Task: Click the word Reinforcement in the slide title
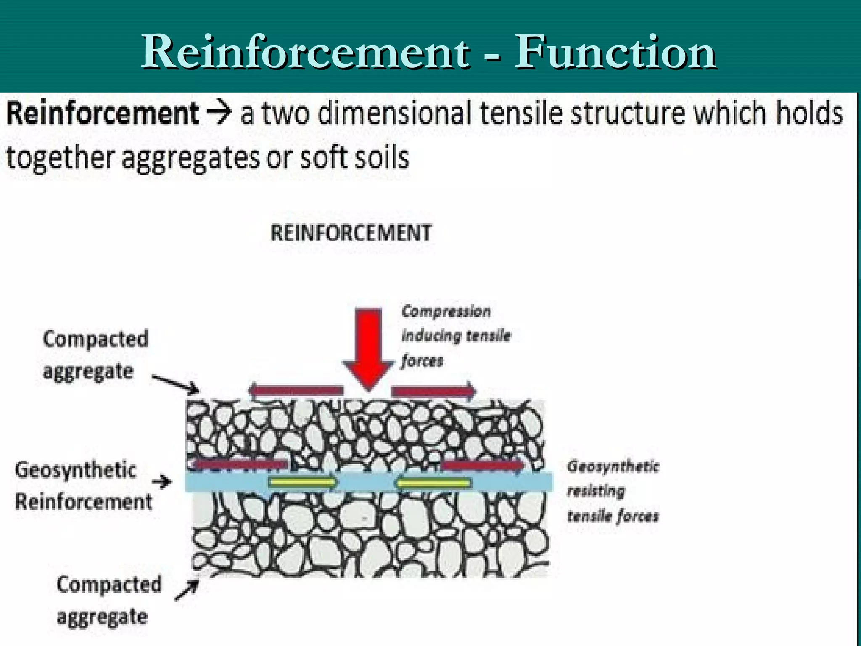coord(305,53)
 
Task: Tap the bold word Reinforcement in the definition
coord(103,114)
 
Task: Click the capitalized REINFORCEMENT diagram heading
coord(351,233)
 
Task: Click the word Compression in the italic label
coord(446,311)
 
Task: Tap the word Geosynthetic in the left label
coord(76,470)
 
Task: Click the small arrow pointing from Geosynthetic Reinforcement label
coord(162,482)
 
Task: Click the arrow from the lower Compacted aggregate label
coord(186,590)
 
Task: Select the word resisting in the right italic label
coord(596,491)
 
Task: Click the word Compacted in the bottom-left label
coord(109,585)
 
